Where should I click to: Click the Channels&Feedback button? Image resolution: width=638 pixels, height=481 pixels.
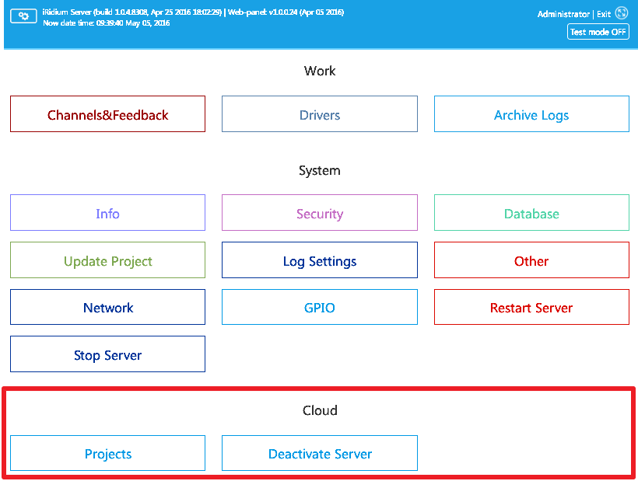(x=107, y=114)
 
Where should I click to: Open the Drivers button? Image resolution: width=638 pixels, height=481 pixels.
(x=319, y=114)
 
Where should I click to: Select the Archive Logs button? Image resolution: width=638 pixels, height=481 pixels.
(x=531, y=114)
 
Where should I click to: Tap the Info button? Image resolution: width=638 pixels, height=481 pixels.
(x=107, y=213)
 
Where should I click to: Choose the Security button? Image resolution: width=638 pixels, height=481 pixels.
(x=319, y=213)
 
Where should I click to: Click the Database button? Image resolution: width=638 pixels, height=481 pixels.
(x=531, y=213)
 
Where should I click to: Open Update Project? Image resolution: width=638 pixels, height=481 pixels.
(x=107, y=260)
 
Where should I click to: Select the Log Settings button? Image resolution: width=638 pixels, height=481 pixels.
(x=319, y=260)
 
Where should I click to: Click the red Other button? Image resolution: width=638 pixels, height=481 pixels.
(x=531, y=260)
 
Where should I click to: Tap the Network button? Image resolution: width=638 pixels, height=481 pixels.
(x=107, y=307)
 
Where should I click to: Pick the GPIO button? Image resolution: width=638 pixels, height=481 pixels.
(x=319, y=307)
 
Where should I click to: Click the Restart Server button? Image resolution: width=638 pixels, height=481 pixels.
(x=531, y=307)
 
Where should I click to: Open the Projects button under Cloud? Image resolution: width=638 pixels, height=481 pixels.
(x=107, y=453)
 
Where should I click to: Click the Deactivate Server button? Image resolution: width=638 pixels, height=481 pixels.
(x=319, y=453)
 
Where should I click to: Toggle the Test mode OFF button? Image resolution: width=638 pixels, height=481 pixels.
(x=598, y=32)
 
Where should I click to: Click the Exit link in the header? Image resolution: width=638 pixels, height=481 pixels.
(x=604, y=14)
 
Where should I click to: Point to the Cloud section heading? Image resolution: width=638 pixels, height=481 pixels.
(x=320, y=410)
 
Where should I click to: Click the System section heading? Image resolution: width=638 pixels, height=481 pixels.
(x=320, y=170)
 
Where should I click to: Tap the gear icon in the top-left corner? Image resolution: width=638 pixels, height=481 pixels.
(x=23, y=16)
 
